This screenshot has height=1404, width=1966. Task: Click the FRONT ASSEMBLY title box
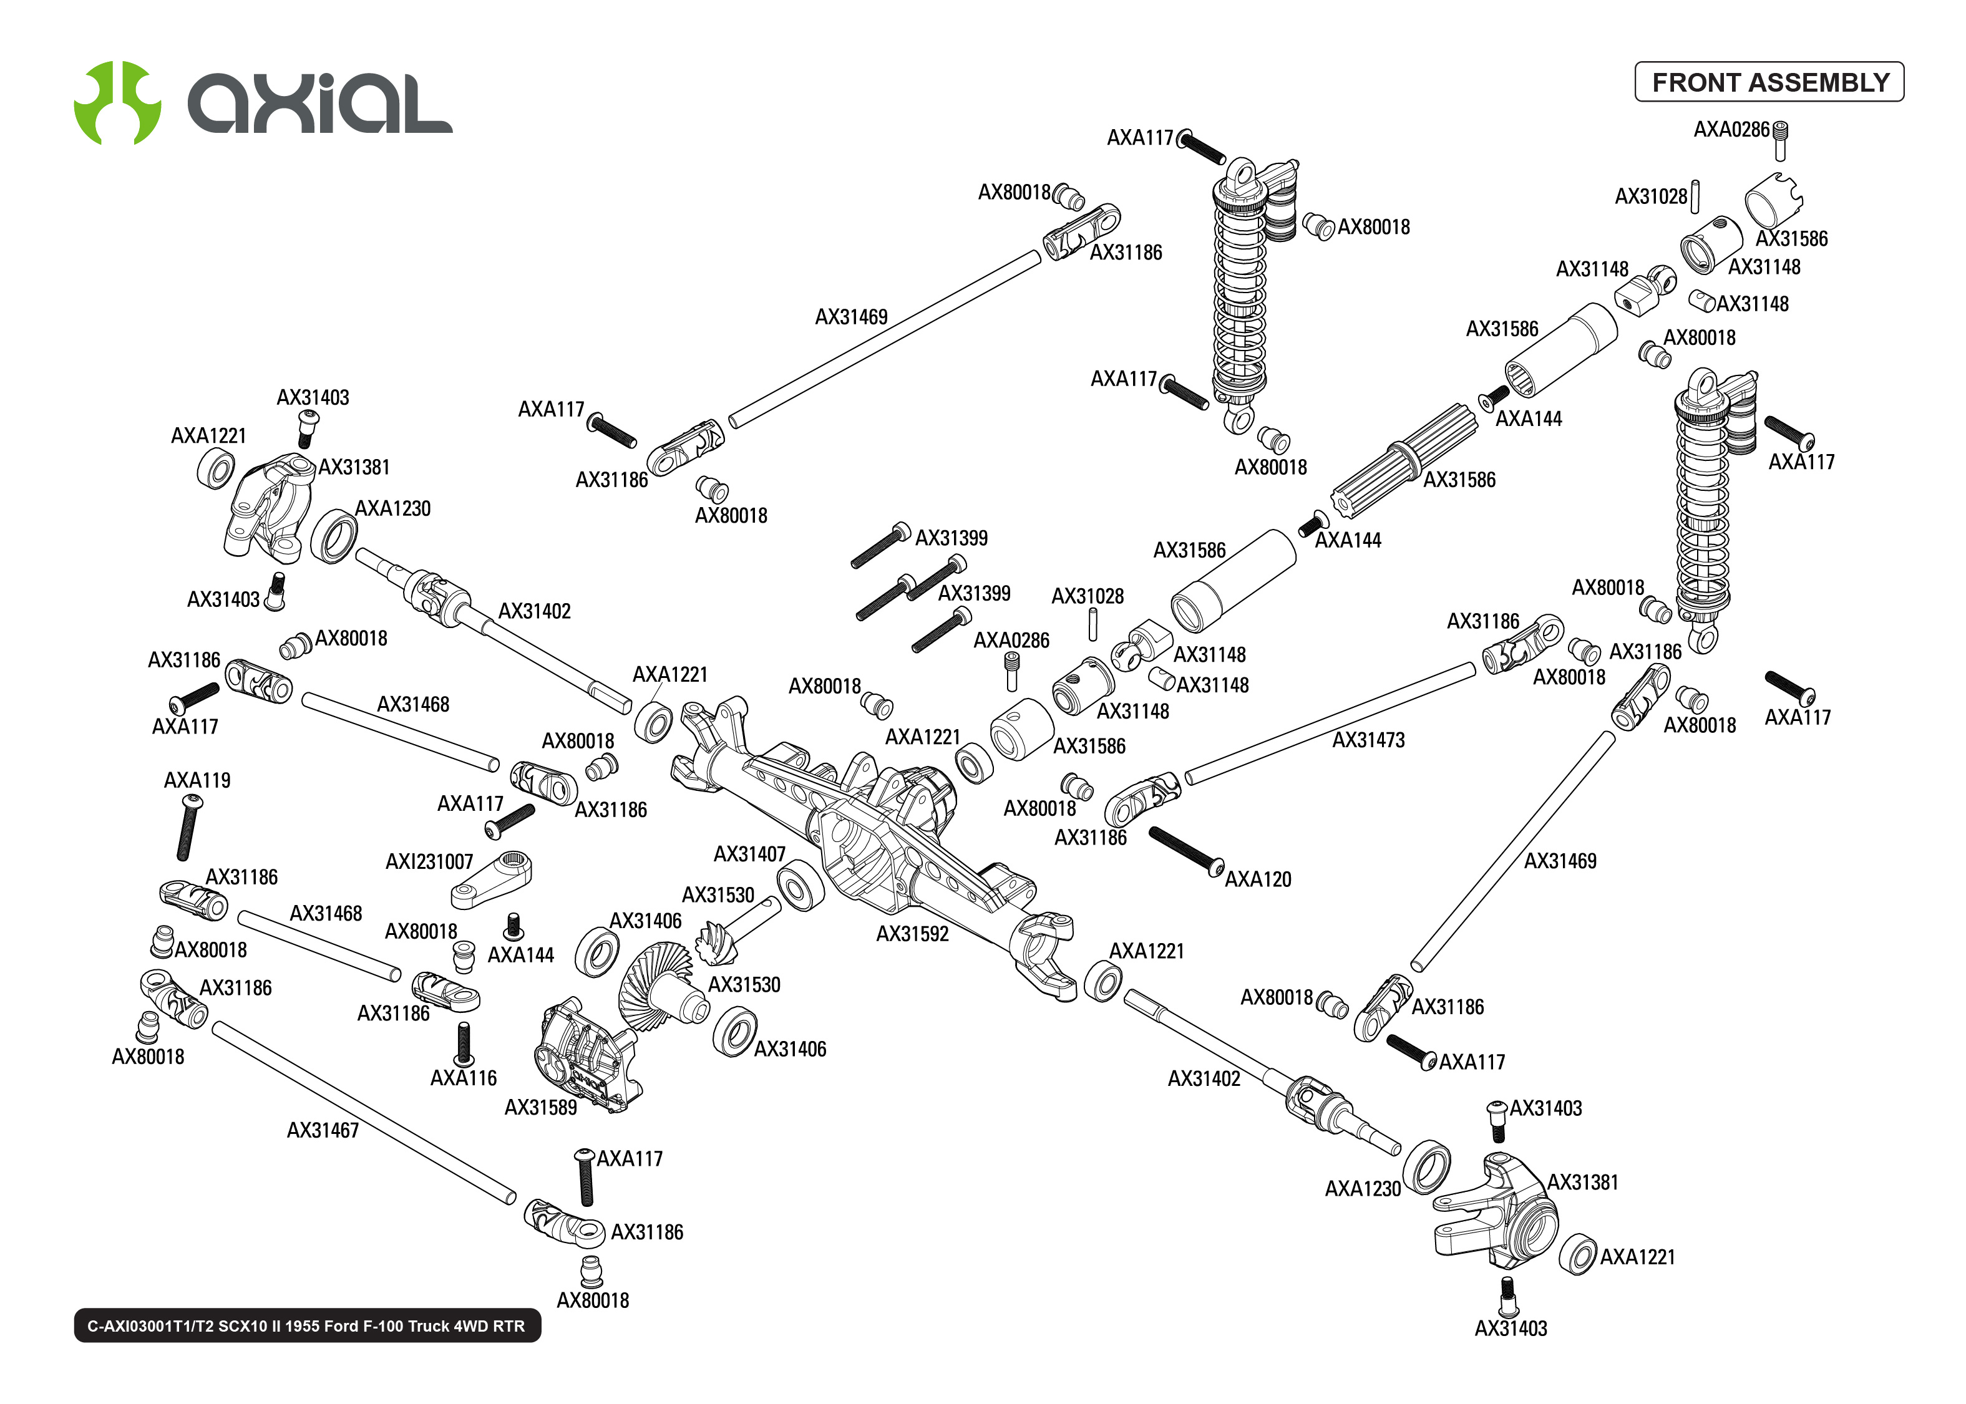pos(1768,82)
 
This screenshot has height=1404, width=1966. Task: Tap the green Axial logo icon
pos(117,103)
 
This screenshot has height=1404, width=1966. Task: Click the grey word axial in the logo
pos(320,104)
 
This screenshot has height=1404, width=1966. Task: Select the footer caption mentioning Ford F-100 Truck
pos(307,1325)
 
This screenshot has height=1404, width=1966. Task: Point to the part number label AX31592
pos(912,934)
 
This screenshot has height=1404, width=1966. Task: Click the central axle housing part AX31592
pos(874,830)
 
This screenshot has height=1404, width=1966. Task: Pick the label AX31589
pos(540,1108)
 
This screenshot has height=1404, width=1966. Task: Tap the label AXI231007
pos(429,862)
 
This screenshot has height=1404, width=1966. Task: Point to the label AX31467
pos(323,1130)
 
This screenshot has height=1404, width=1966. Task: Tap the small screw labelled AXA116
pos(464,1043)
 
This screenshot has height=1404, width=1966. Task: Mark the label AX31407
pos(749,854)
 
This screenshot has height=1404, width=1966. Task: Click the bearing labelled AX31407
pos(800,885)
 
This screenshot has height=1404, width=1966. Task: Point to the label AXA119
pos(197,780)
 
